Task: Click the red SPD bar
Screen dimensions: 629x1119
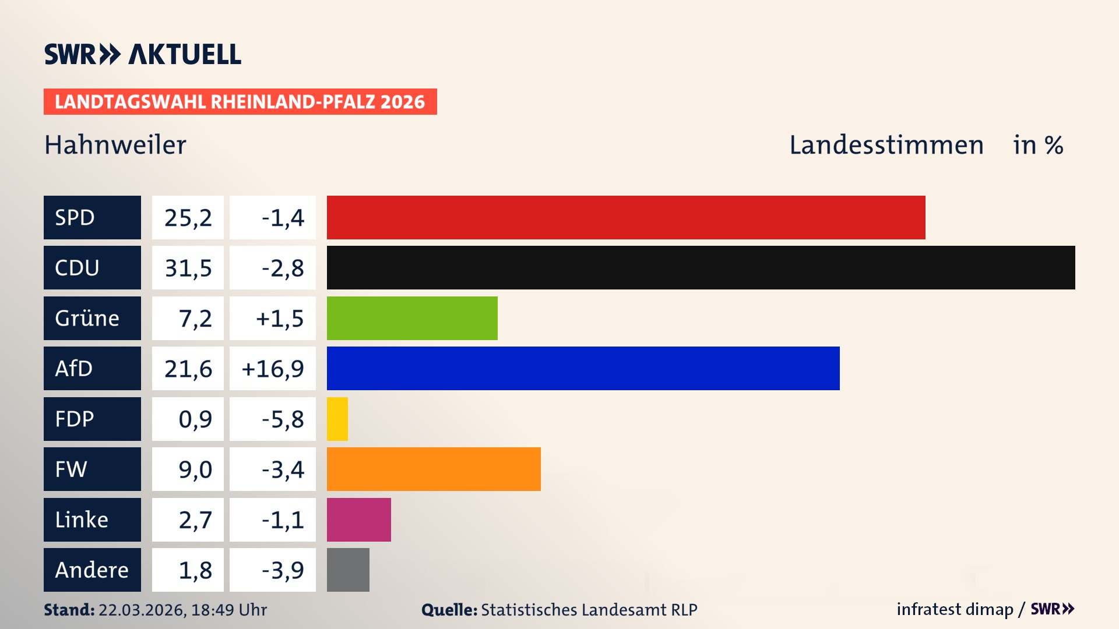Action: (x=626, y=217)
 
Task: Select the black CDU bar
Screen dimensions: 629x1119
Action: (x=701, y=267)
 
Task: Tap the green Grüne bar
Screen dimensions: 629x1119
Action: (x=412, y=318)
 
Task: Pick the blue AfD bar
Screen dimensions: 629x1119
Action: (x=583, y=368)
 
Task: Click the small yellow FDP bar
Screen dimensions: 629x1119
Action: (x=337, y=419)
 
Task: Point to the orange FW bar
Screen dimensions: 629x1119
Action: (x=434, y=469)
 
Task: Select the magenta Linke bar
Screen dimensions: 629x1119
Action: (x=358, y=520)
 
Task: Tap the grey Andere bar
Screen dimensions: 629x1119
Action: (x=348, y=570)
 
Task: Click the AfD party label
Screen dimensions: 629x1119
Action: (x=92, y=368)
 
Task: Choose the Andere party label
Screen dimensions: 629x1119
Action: (x=92, y=570)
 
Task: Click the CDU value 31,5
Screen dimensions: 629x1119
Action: (x=188, y=268)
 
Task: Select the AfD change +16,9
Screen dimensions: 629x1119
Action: (x=272, y=369)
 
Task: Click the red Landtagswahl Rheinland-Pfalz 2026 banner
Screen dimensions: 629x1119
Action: (x=240, y=101)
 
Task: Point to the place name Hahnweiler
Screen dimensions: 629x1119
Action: (x=115, y=145)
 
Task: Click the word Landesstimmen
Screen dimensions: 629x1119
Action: (x=886, y=145)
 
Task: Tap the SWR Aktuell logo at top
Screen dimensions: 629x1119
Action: (x=143, y=54)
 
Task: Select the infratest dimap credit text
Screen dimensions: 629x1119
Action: (x=954, y=609)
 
